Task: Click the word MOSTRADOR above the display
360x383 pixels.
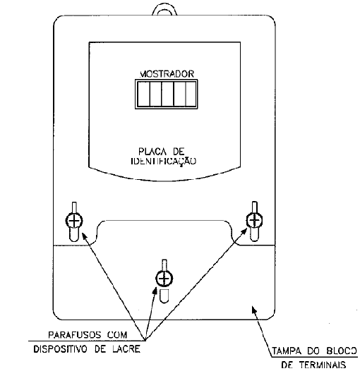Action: coord(167,74)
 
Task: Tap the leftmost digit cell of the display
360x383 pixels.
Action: coord(143,94)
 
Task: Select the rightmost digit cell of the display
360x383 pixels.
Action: coord(191,94)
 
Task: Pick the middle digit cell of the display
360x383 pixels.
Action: coord(167,94)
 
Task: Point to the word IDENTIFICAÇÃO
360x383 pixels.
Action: coord(164,162)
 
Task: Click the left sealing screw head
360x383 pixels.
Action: coord(74,221)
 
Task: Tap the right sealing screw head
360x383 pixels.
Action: coord(254,220)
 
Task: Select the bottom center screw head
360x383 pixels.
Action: coord(164,279)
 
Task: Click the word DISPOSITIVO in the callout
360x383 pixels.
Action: coord(60,349)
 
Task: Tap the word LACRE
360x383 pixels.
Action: coord(126,349)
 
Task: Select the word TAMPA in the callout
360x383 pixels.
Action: coord(287,351)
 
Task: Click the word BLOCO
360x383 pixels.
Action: coord(341,351)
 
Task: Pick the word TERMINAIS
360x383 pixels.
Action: coord(323,365)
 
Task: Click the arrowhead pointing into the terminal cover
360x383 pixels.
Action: coord(254,309)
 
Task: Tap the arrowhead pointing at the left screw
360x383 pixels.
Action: coord(84,236)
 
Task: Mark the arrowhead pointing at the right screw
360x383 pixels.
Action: coord(244,231)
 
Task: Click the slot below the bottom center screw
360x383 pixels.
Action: coord(164,296)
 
